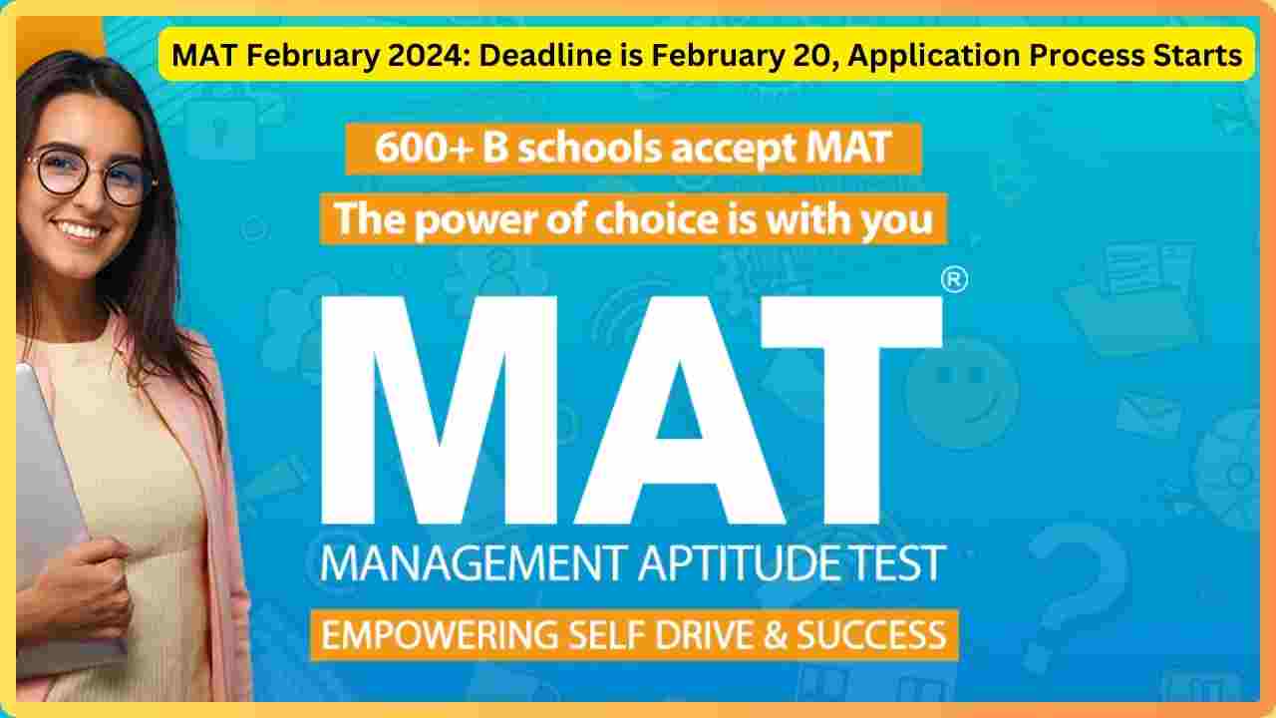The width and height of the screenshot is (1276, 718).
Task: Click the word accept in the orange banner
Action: [735, 150]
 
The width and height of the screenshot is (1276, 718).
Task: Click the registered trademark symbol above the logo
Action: [954, 280]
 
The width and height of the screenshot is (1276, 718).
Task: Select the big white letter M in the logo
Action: [440, 410]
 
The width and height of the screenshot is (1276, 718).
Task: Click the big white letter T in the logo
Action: [852, 410]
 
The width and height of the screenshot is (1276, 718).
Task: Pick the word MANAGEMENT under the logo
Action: [473, 563]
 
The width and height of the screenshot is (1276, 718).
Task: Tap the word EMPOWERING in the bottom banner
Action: [440, 635]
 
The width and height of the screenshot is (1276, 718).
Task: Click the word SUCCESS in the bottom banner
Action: [871, 635]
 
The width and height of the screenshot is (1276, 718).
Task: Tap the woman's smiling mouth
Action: [81, 230]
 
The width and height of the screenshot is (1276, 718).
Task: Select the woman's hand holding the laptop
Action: [86, 592]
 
